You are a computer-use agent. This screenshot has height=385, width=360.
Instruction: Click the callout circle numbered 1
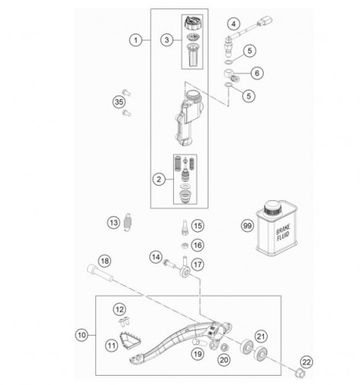pyautogui.click(x=135, y=40)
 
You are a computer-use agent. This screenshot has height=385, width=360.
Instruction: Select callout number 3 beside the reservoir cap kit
pyautogui.click(x=167, y=40)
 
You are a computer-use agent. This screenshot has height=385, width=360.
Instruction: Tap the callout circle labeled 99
pyautogui.click(x=247, y=226)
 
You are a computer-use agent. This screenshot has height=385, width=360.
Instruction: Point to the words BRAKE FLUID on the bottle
pyautogui.click(x=283, y=233)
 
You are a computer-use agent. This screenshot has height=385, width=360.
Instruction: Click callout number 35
pyautogui.click(x=119, y=102)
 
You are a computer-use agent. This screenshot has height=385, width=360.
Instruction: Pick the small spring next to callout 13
pyautogui.click(x=127, y=223)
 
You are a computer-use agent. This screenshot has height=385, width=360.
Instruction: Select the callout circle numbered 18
pyautogui.click(x=105, y=261)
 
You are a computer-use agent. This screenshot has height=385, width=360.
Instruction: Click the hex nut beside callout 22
pyautogui.click(x=299, y=372)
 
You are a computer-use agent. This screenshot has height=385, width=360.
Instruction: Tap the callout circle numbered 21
pyautogui.click(x=261, y=336)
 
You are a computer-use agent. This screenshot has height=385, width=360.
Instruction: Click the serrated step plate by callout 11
pyautogui.click(x=129, y=339)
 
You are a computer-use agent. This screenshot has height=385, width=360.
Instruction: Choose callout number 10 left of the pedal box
pyautogui.click(x=82, y=335)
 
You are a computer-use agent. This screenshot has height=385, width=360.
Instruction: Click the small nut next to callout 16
pyautogui.click(x=184, y=246)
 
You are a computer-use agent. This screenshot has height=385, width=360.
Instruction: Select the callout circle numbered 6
pyautogui.click(x=257, y=73)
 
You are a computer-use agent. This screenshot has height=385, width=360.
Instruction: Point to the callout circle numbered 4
pyautogui.click(x=233, y=24)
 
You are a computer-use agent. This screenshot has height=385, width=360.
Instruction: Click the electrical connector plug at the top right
pyautogui.click(x=265, y=22)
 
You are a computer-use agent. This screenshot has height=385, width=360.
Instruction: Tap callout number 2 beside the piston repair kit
pyautogui.click(x=158, y=179)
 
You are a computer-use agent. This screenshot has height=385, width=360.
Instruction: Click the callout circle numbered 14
pyautogui.click(x=155, y=257)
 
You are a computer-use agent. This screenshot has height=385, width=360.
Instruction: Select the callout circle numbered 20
pyautogui.click(x=224, y=360)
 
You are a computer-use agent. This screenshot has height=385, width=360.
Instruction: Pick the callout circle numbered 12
pyautogui.click(x=120, y=310)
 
